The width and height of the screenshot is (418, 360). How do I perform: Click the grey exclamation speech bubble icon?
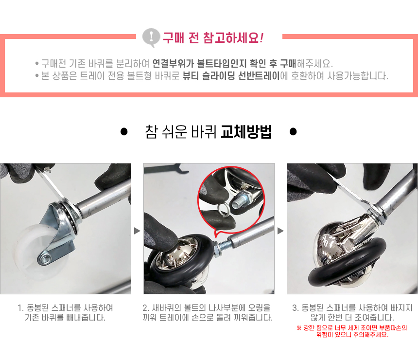pos(151,37)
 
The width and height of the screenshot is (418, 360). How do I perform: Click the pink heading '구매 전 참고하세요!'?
pos(213,37)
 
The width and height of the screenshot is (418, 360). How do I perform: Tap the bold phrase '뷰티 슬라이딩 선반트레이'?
pos(231,76)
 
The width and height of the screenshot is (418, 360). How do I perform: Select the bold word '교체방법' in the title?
pos(246,131)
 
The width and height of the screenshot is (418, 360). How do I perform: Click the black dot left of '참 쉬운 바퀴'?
pos(124,131)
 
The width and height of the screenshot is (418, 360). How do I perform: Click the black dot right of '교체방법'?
pos(293,131)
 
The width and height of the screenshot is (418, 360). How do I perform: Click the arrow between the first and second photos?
pos(137,231)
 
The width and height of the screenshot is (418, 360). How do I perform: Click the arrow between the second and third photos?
pos(281,231)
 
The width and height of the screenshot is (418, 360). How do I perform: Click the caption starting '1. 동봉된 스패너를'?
pos(65,312)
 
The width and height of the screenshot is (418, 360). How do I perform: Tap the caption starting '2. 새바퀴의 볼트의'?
pos(208,312)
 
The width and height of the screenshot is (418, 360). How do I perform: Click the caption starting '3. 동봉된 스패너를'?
pos(352,312)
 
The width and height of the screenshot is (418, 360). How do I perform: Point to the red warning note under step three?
pos(352,331)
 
